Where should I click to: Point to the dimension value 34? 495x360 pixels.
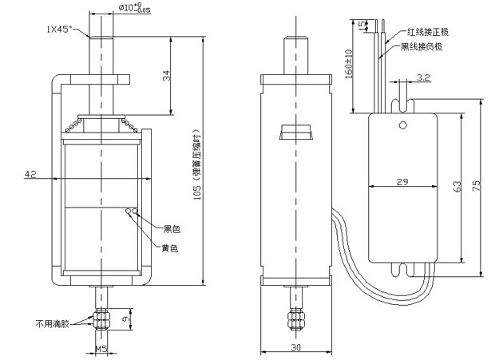[x=164, y=77]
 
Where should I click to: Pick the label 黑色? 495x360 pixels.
[x=171, y=229]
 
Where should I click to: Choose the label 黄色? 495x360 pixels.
[x=169, y=248]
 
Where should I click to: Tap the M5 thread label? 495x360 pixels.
[x=101, y=349]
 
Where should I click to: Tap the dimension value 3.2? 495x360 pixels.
[x=423, y=79]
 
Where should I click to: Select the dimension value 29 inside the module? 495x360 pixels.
[x=402, y=183]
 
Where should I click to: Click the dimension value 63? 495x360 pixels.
[x=457, y=186]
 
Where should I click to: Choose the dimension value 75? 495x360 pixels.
[x=476, y=186]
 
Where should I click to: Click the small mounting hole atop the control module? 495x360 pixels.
[x=403, y=125]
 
